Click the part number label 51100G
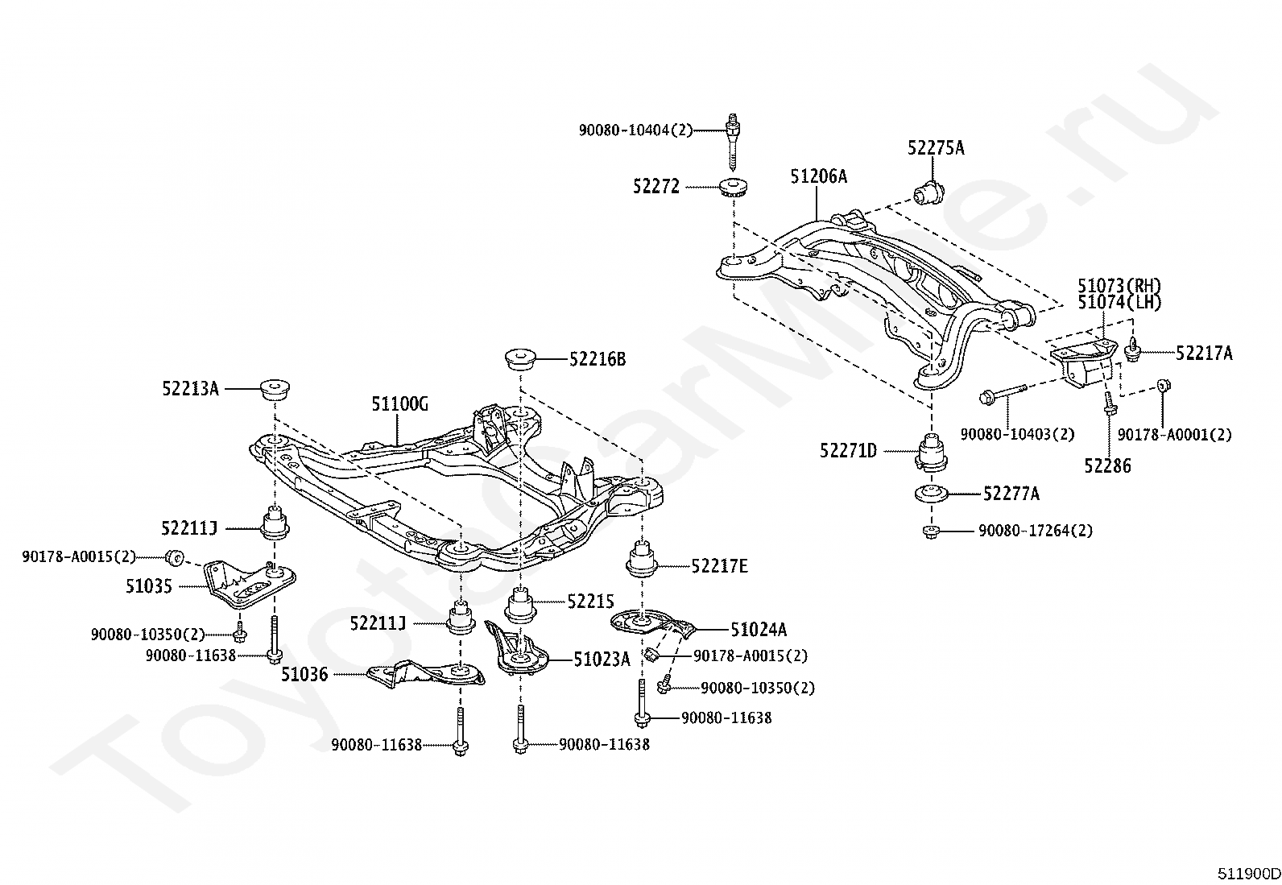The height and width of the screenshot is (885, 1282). pos(399,404)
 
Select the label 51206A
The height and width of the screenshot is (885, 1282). pos(818,176)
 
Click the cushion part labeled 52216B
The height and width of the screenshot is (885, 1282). pos(519,358)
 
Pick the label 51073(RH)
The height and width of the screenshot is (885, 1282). pos(1119,285)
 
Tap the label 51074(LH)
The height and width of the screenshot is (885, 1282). pos(1119,302)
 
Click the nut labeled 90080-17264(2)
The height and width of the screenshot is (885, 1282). pos(931,531)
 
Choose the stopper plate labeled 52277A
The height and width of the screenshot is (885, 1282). pos(931,494)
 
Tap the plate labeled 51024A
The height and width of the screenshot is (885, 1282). pos(653,624)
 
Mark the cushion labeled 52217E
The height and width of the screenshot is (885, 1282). pos(642,558)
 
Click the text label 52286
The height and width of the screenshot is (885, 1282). pos(1107,466)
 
